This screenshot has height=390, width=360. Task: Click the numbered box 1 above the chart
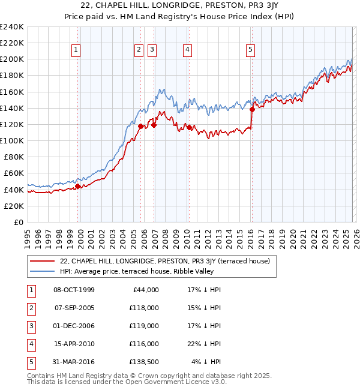tap(77, 50)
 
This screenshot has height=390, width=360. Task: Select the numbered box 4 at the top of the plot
tap(188, 50)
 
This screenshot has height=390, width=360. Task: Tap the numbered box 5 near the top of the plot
tap(250, 50)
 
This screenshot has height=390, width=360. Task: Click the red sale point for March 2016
tap(252, 109)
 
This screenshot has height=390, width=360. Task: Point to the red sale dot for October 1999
tap(78, 186)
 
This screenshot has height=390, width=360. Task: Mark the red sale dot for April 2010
tap(189, 127)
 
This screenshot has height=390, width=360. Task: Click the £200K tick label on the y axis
tap(11, 59)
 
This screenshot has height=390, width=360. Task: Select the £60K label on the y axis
tap(13, 173)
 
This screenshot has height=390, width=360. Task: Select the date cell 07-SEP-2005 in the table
tap(74, 308)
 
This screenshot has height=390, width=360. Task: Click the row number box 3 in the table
tap(30, 326)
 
